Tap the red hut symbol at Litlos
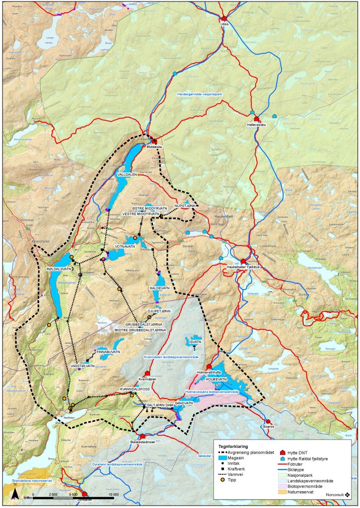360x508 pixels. [224, 18]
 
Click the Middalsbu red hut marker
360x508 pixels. [154, 141]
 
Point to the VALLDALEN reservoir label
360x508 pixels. [127, 175]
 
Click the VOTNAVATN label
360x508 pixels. [125, 246]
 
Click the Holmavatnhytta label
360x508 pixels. [209, 372]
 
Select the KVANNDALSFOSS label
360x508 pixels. [135, 389]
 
